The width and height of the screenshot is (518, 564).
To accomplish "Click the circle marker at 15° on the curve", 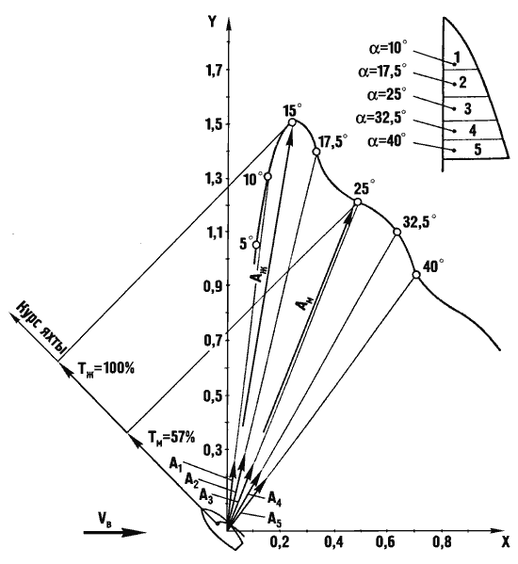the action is tap(292, 122).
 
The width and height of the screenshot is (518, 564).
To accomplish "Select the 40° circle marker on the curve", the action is tap(416, 274).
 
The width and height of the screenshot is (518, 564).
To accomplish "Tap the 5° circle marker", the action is tap(256, 245).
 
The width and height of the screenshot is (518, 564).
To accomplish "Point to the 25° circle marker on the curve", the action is tap(358, 201).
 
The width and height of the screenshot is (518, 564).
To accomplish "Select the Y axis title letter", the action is tap(212, 22).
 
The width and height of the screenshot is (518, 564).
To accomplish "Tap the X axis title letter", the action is tap(506, 542).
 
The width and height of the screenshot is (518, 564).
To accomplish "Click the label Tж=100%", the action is tap(105, 369).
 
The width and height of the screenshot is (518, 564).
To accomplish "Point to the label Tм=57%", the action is tap(171, 438).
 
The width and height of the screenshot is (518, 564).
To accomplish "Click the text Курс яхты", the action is tap(41, 327).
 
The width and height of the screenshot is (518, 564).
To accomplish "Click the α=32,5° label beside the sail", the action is tap(380, 117).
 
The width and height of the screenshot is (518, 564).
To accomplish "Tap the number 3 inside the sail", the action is tap(468, 108).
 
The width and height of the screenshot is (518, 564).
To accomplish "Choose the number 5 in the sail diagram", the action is tap(478, 150).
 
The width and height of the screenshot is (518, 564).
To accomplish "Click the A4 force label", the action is tap(274, 499).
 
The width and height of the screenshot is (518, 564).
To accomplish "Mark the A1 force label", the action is tap(176, 464).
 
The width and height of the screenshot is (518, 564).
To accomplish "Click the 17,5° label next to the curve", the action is tap(333, 141).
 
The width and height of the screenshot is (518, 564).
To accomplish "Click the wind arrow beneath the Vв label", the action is tap(115, 532).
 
